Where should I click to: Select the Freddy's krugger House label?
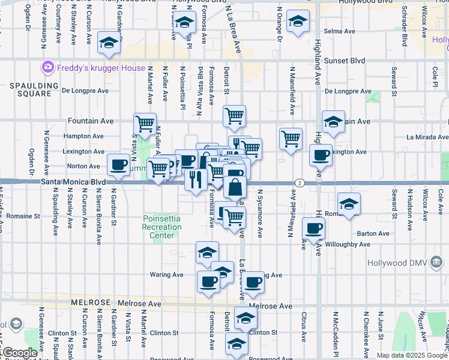point(101,68)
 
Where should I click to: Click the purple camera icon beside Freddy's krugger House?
point(47,67)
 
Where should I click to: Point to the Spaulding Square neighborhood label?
point(31,90)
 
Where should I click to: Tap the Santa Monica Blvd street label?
point(67,181)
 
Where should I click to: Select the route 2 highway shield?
point(298,182)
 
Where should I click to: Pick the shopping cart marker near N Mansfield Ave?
point(291,139)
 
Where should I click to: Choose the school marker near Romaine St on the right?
point(349,203)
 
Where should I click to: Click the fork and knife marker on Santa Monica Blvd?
point(196,178)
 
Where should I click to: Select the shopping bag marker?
point(235,187)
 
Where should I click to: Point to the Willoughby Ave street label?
point(348,245)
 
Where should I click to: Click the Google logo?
point(19,353)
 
